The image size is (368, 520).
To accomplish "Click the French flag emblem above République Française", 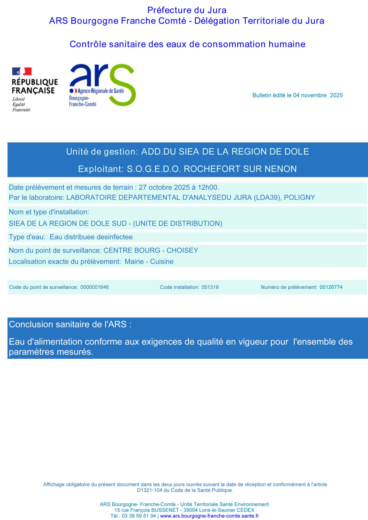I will [x=22, y=71].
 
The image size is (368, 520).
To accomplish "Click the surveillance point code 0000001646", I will [x=95, y=287].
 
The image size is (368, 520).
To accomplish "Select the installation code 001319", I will [x=210, y=287].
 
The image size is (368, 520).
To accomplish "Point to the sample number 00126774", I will [x=331, y=287].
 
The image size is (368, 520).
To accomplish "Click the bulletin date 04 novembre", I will [x=310, y=95].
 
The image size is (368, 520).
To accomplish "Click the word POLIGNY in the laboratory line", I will [x=299, y=198].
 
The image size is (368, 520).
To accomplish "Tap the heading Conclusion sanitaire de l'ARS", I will [x=70, y=324].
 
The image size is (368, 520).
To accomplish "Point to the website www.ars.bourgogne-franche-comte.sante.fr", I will [x=209, y=516].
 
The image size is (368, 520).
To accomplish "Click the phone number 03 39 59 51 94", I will [x=139, y=516].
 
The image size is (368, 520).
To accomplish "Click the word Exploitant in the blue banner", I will [x=101, y=169].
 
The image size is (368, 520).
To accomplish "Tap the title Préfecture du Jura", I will [x=187, y=10].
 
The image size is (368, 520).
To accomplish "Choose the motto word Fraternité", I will [x=21, y=110].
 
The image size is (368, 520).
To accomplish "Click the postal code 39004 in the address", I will [x=191, y=510].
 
